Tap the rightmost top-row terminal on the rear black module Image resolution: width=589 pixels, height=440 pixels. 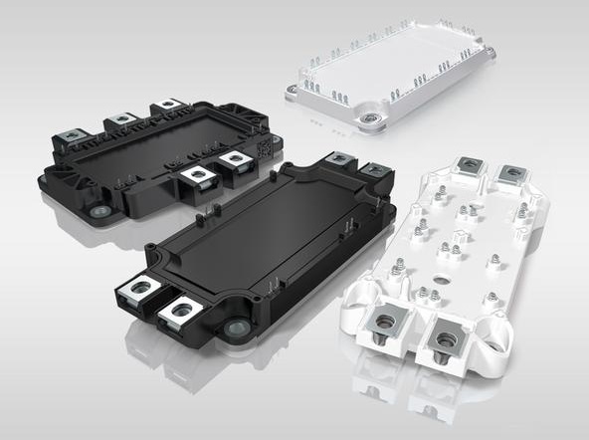167,105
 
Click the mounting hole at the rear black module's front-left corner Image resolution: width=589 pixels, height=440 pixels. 98,211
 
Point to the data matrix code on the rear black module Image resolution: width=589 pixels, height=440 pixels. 264,146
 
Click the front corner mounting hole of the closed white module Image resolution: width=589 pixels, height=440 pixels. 374,118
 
